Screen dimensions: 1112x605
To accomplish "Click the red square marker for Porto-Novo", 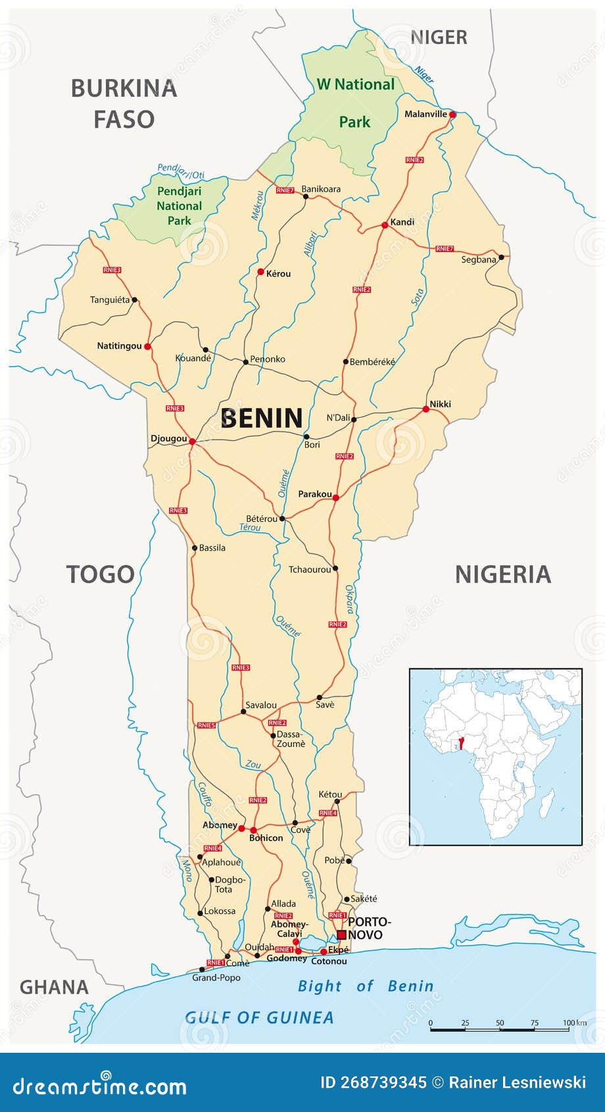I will click(341, 935).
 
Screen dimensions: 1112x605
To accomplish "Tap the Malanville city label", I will click(425, 114).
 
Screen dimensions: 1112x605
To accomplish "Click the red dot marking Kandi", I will click(385, 225).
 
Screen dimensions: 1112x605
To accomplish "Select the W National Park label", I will click(355, 102).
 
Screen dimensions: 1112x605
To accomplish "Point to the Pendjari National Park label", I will click(179, 205).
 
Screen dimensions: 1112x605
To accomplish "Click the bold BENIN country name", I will click(262, 418).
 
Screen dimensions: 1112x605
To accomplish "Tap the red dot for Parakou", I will click(335, 498).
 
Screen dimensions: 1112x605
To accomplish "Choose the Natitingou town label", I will click(119, 346).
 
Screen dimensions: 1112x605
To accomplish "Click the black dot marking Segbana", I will click(501, 257).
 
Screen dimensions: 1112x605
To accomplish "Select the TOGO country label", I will click(100, 574).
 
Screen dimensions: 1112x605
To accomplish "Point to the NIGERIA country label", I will click(503, 574).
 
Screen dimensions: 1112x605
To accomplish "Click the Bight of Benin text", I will click(366, 986).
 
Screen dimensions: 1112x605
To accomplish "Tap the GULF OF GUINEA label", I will click(259, 1018).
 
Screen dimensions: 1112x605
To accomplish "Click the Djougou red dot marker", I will click(192, 442).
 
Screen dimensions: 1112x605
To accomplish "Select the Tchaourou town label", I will click(310, 569).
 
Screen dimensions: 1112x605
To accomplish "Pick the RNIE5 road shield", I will click(206, 725).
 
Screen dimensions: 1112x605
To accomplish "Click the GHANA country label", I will click(54, 987).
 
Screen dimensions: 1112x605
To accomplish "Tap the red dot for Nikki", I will click(425, 409).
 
